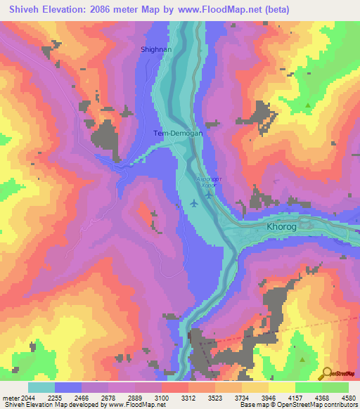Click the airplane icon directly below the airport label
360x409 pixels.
209,195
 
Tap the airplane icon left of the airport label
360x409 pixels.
193,204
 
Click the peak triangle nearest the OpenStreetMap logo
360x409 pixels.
302,359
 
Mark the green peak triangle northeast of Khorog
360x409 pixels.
308,105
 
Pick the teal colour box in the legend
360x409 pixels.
41,387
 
